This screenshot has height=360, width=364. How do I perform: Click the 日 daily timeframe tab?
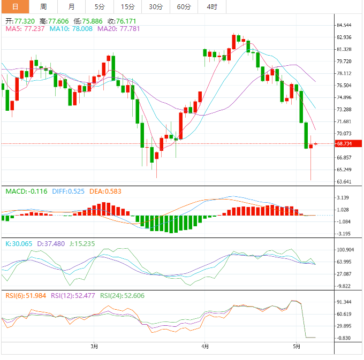tap(14, 7)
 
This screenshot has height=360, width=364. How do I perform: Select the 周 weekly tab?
tap(43, 7)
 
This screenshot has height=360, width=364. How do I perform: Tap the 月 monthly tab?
tap(72, 7)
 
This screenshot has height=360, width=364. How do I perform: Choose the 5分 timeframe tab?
tap(100, 7)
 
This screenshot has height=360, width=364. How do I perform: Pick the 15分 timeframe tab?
tap(127, 7)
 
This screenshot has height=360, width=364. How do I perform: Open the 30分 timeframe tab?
tap(155, 7)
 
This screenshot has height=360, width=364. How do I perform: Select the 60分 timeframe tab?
tap(184, 7)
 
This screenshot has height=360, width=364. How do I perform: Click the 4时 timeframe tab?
tap(211, 7)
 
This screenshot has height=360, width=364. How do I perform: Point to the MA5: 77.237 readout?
tap(25, 29)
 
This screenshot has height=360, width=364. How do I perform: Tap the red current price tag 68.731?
tap(344, 144)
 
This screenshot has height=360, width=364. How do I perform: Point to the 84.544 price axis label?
tap(344, 25)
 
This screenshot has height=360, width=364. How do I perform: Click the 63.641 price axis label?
tap(344, 181)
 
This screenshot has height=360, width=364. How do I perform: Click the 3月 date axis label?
tap(94, 346)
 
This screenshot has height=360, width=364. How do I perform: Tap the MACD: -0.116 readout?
tap(26, 191)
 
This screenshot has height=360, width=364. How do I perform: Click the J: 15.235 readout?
tap(82, 243)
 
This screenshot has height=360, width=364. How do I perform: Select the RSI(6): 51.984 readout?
tap(26, 295)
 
